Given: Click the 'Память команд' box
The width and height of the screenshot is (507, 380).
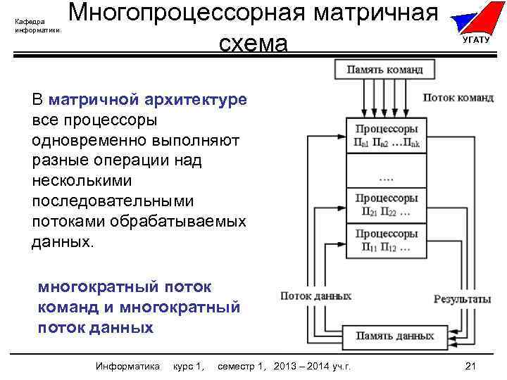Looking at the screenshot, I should coord(384,70).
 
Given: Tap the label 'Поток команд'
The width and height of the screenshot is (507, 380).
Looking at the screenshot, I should coord(458,98).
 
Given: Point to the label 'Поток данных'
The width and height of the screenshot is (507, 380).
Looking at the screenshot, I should coord(316,296).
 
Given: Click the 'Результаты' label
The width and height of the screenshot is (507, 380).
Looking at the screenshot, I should coord(462,299).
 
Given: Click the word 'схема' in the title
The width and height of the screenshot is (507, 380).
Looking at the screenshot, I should coord(254,44).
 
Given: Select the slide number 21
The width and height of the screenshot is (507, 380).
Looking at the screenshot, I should coord(472,366).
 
